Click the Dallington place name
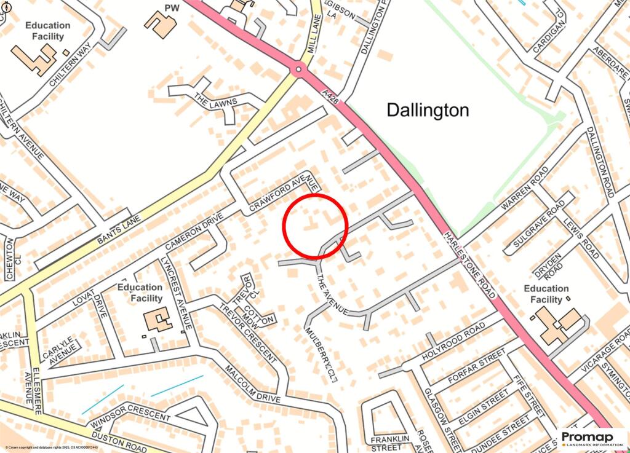(428, 110)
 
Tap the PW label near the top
(172, 7)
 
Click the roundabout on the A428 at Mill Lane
(299, 69)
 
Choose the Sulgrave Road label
(536, 226)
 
